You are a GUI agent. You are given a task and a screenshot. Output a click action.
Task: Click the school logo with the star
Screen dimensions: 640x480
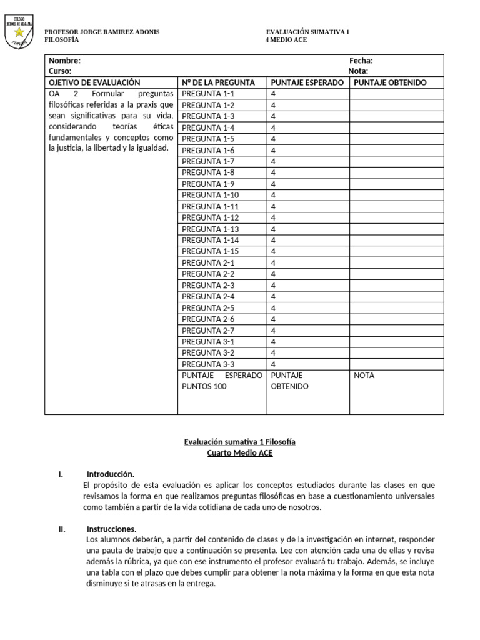19,31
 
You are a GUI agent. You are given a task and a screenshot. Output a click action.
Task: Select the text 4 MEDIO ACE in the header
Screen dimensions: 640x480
287,40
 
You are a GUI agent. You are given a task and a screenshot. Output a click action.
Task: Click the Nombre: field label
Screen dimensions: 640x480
64,61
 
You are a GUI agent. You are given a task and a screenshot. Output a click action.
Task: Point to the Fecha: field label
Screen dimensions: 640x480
361,61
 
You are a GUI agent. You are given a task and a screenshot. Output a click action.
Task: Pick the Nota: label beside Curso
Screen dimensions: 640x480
359,71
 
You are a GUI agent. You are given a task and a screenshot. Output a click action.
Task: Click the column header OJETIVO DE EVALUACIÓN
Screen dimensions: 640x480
94,82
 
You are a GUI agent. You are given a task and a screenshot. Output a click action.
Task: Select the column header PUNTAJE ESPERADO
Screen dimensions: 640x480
307,82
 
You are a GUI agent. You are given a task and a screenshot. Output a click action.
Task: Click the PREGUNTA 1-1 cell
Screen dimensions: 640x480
208,94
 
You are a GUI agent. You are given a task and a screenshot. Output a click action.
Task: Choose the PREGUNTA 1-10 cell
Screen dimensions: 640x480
211,195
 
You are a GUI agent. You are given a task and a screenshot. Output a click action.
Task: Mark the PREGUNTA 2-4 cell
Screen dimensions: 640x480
208,296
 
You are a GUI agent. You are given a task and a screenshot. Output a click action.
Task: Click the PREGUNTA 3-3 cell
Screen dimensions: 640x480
208,364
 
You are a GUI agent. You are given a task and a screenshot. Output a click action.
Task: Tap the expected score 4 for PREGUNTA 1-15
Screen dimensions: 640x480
273,251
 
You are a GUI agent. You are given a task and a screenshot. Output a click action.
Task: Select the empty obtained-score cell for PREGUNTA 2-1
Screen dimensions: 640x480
396,262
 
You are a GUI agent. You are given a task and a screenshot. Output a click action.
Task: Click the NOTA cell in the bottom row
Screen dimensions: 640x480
364,376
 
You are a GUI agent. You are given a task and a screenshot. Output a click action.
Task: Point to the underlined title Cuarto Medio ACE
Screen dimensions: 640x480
240,453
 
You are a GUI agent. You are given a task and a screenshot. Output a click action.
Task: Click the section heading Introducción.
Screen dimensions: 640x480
110,474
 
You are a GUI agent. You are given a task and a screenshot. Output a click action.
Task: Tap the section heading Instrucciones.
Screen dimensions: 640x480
111,529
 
